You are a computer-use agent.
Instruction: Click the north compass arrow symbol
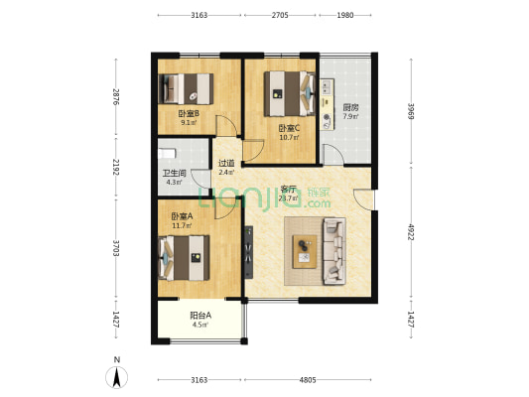(x=117, y=377)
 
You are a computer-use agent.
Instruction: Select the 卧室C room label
(x=289, y=128)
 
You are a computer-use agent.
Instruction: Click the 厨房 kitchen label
(x=350, y=108)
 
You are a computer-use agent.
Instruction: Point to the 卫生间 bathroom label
(x=174, y=174)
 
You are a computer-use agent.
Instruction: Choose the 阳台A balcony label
(x=200, y=316)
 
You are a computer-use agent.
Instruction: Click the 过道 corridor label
(x=226, y=163)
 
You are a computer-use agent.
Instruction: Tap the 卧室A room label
(x=182, y=216)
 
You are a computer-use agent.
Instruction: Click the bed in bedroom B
(x=186, y=88)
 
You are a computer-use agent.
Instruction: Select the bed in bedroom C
(x=290, y=93)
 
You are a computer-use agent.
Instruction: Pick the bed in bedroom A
(x=185, y=258)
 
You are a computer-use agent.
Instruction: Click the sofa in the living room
(x=334, y=251)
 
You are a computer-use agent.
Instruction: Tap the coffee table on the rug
(x=305, y=252)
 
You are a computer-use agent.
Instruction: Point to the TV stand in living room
(x=249, y=252)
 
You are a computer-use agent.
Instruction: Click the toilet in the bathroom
(x=167, y=154)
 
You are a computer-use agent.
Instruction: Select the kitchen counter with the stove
(x=327, y=104)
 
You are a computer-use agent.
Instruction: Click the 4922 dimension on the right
(x=411, y=232)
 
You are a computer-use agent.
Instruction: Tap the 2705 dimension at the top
(x=280, y=15)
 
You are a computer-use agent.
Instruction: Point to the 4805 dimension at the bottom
(x=308, y=380)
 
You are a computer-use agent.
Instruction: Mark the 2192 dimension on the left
(x=116, y=168)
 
